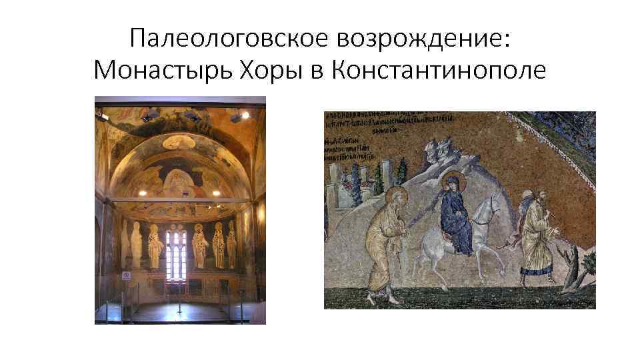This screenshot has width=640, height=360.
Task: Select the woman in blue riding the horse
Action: tap(457, 213)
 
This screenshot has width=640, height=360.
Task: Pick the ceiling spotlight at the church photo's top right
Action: tap(245, 116)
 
